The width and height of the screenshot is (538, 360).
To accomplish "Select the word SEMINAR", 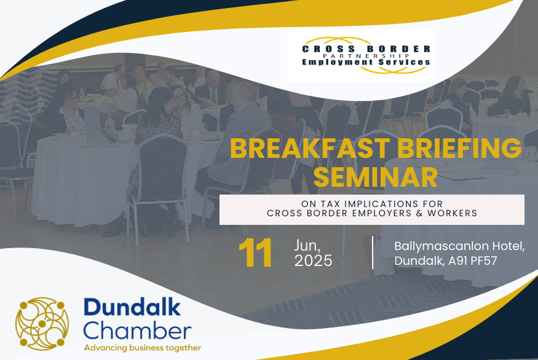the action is pyautogui.click(x=376, y=177).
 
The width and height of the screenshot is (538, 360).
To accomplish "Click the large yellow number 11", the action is pyautogui.click(x=255, y=253).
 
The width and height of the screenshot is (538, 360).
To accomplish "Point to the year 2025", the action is pyautogui.click(x=313, y=260).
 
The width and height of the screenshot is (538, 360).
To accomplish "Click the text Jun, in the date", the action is pyautogui.click(x=307, y=246).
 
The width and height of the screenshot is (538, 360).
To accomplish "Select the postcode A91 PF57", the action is pyautogui.click(x=472, y=261).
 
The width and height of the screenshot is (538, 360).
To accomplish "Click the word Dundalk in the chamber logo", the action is pyautogui.click(x=132, y=307).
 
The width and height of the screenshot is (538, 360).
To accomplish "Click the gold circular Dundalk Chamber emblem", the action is pyautogui.click(x=42, y=324).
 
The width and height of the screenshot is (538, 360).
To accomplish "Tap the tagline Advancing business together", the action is pyautogui.click(x=143, y=348).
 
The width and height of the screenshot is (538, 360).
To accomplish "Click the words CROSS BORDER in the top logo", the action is pyautogui.click(x=366, y=49).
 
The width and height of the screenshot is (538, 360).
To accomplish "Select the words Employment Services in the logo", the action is pyautogui.click(x=366, y=62).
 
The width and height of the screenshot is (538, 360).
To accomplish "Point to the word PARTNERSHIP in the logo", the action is pyautogui.click(x=366, y=55).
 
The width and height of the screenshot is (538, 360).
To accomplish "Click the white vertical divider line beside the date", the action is pyautogui.click(x=373, y=252).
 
